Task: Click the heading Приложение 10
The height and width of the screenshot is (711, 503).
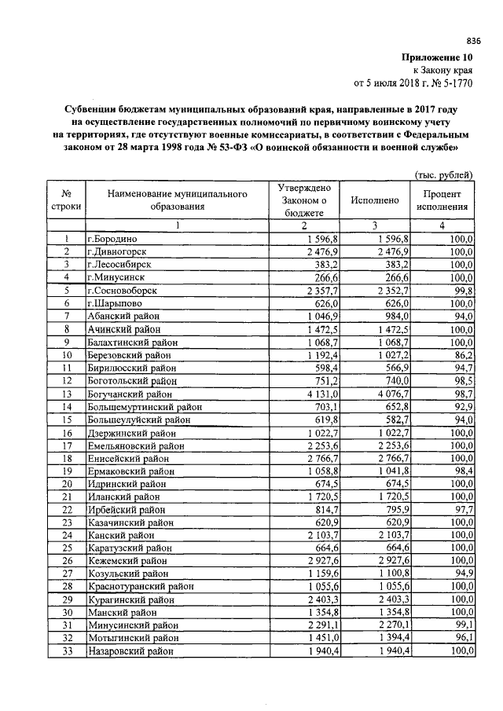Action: (x=437, y=57)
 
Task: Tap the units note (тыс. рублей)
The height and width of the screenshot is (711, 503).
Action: (x=443, y=174)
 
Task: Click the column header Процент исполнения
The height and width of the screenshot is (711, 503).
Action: (x=442, y=201)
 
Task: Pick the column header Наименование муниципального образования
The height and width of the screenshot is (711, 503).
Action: (x=178, y=200)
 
